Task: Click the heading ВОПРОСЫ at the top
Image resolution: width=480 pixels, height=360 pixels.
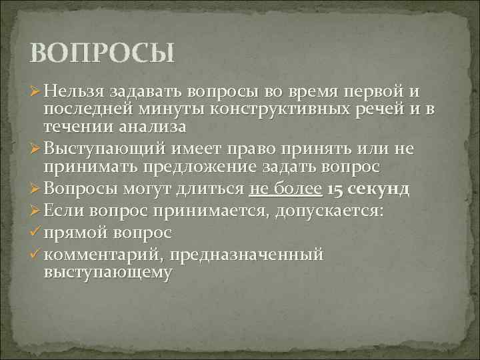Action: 102,53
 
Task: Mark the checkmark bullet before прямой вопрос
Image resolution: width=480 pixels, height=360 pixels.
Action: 36,233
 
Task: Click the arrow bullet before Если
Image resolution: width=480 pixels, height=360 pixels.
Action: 37,211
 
